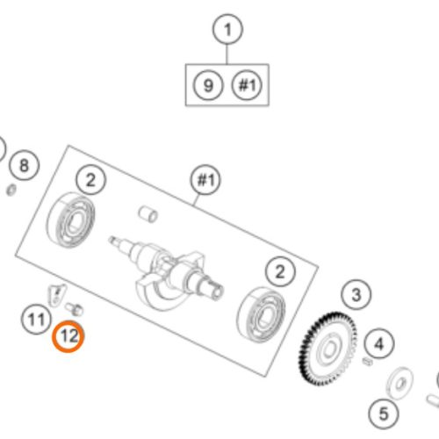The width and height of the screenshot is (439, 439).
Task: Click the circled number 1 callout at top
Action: click(x=227, y=29)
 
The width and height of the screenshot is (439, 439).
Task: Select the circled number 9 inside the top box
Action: click(x=208, y=85)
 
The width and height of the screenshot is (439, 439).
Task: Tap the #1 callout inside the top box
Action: click(x=248, y=85)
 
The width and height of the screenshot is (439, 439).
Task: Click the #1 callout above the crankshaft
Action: click(x=205, y=179)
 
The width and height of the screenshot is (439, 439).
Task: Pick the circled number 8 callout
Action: click(x=24, y=165)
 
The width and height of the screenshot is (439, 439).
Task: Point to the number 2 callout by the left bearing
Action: click(x=90, y=180)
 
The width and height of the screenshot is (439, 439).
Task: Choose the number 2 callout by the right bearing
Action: click(x=280, y=271)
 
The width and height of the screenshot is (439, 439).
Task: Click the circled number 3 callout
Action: click(x=356, y=295)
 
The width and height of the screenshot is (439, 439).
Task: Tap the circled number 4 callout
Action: click(x=379, y=343)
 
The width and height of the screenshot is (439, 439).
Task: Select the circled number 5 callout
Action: click(x=384, y=414)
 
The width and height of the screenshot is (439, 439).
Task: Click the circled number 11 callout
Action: click(x=36, y=320)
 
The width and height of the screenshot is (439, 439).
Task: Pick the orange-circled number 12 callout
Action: click(x=68, y=336)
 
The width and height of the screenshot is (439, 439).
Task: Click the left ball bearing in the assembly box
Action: click(x=71, y=220)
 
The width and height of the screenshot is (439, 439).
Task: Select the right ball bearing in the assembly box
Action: click(x=261, y=314)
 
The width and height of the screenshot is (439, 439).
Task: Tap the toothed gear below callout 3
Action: click(x=327, y=349)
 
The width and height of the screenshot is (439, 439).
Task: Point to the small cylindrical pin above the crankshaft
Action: click(x=148, y=214)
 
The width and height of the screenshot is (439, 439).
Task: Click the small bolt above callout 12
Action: click(x=75, y=309)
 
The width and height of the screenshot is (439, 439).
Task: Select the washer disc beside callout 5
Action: click(x=399, y=383)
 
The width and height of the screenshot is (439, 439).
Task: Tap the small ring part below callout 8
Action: click(x=11, y=191)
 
